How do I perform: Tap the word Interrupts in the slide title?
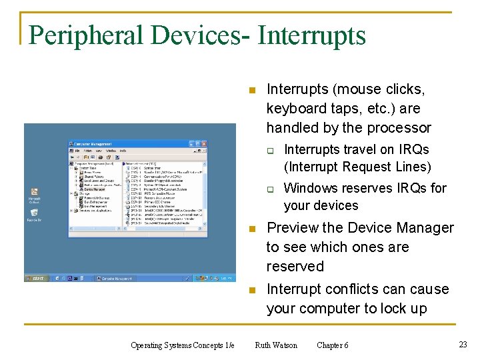tap(311, 35)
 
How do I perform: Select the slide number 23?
tap(463, 345)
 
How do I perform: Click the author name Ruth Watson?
tap(276, 345)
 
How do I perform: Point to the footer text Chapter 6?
tap(332, 345)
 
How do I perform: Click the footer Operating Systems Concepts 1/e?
tap(182, 345)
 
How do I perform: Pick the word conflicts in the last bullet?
tap(349, 289)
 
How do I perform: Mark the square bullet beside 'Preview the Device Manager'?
tap(251, 229)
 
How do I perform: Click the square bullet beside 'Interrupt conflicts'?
tap(251, 290)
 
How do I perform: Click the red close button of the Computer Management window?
tap(201, 143)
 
